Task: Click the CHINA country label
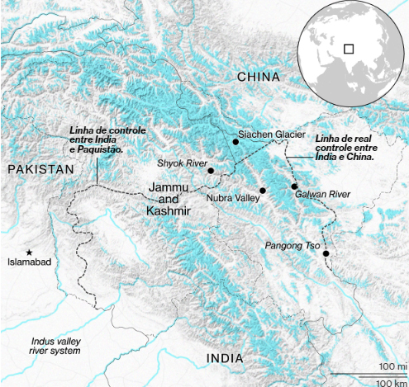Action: click(259, 77)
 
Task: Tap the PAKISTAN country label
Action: click(40, 169)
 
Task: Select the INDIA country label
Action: click(225, 358)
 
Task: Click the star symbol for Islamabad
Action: click(30, 252)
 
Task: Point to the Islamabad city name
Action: click(30, 262)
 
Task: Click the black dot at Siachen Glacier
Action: click(235, 143)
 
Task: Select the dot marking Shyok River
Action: click(211, 171)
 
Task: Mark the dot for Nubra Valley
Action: click(262, 191)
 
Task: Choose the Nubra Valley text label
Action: click(233, 199)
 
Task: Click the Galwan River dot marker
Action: click(294, 186)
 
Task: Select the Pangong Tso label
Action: click(292, 246)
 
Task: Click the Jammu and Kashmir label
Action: click(169, 201)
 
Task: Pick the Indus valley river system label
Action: click(56, 346)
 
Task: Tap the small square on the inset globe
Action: click(349, 49)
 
